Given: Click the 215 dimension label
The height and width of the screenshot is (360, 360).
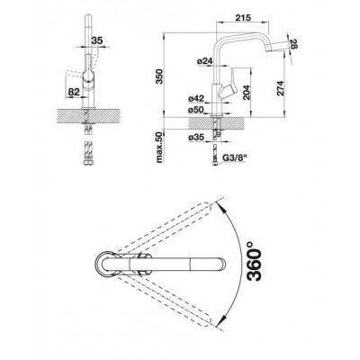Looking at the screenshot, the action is point(243,18).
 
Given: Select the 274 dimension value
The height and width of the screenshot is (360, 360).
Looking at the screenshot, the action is point(280,88).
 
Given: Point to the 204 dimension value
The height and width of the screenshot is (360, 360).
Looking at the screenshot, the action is point(246,92).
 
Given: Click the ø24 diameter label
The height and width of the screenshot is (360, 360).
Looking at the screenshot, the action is point(205,61).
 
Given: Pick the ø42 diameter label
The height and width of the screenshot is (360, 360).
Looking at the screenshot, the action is point(196,98).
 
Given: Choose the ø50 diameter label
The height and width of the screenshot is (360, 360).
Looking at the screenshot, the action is point(196,110).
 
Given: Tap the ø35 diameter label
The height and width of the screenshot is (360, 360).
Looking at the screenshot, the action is point(196,138).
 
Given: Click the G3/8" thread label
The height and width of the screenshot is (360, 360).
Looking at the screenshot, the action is point(234,157).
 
